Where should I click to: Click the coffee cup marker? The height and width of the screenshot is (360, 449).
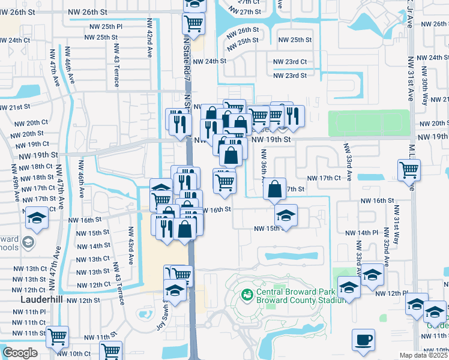point(364,340)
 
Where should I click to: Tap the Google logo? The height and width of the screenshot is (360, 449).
point(20,353)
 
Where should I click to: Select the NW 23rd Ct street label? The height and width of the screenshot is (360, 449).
point(290,62)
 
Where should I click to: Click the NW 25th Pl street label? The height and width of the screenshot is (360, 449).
point(103,26)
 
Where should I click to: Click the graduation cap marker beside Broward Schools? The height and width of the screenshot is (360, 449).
point(37,218)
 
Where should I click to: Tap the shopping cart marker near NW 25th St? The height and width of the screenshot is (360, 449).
point(193,24)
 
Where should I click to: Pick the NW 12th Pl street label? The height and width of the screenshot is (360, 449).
point(391,293)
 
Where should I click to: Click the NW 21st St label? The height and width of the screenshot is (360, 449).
point(15,107)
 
